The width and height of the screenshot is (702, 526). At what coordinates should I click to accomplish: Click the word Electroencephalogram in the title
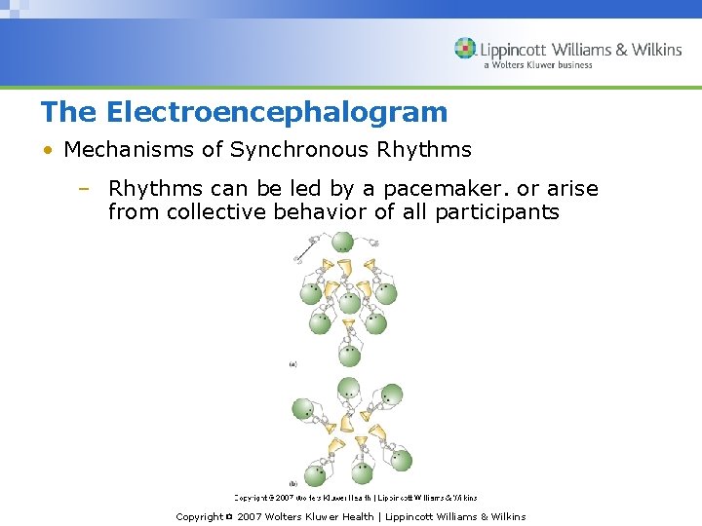[277, 113]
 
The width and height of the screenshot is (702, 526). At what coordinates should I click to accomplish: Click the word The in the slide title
[69, 113]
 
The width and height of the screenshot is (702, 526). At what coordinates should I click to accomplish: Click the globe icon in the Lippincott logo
[465, 49]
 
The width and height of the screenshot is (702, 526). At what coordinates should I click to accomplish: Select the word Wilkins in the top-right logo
[656, 50]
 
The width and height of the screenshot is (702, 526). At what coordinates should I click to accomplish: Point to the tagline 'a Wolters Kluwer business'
[537, 66]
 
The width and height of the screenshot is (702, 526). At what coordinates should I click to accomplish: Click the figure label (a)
[292, 364]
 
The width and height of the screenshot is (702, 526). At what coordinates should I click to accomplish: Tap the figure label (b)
[292, 483]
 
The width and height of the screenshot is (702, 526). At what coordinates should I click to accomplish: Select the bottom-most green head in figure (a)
[347, 356]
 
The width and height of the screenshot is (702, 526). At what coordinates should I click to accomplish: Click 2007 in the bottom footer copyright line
[250, 517]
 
